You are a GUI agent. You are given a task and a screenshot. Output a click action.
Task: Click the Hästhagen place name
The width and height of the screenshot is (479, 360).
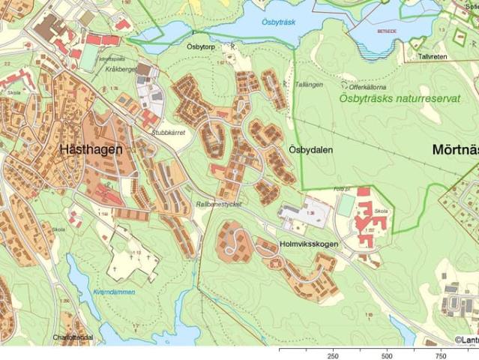tap(91, 149)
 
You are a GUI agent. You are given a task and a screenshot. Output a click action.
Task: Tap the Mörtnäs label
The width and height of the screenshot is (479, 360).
tap(455, 149)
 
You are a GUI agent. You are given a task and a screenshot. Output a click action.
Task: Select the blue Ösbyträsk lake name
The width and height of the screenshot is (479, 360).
tap(279, 22)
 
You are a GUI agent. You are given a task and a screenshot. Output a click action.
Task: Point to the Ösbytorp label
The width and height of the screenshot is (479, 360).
tap(201, 45)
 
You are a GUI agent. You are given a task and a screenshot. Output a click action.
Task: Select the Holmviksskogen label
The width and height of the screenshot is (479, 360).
tap(308, 244)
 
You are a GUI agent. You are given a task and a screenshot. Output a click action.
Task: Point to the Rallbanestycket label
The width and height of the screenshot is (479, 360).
tap(220, 203)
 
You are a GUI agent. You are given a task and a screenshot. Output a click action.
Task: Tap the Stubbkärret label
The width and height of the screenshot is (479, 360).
tap(169, 130)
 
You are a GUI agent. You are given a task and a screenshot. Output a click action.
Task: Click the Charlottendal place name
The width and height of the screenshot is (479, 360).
tap(73, 338)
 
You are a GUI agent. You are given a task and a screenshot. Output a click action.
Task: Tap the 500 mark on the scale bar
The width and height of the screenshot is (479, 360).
tap(387, 355)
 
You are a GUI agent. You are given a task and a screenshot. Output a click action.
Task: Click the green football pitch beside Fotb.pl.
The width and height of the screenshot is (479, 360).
tap(346, 205)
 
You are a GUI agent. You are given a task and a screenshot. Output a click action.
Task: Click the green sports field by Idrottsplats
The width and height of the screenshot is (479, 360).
tap(90, 58)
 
